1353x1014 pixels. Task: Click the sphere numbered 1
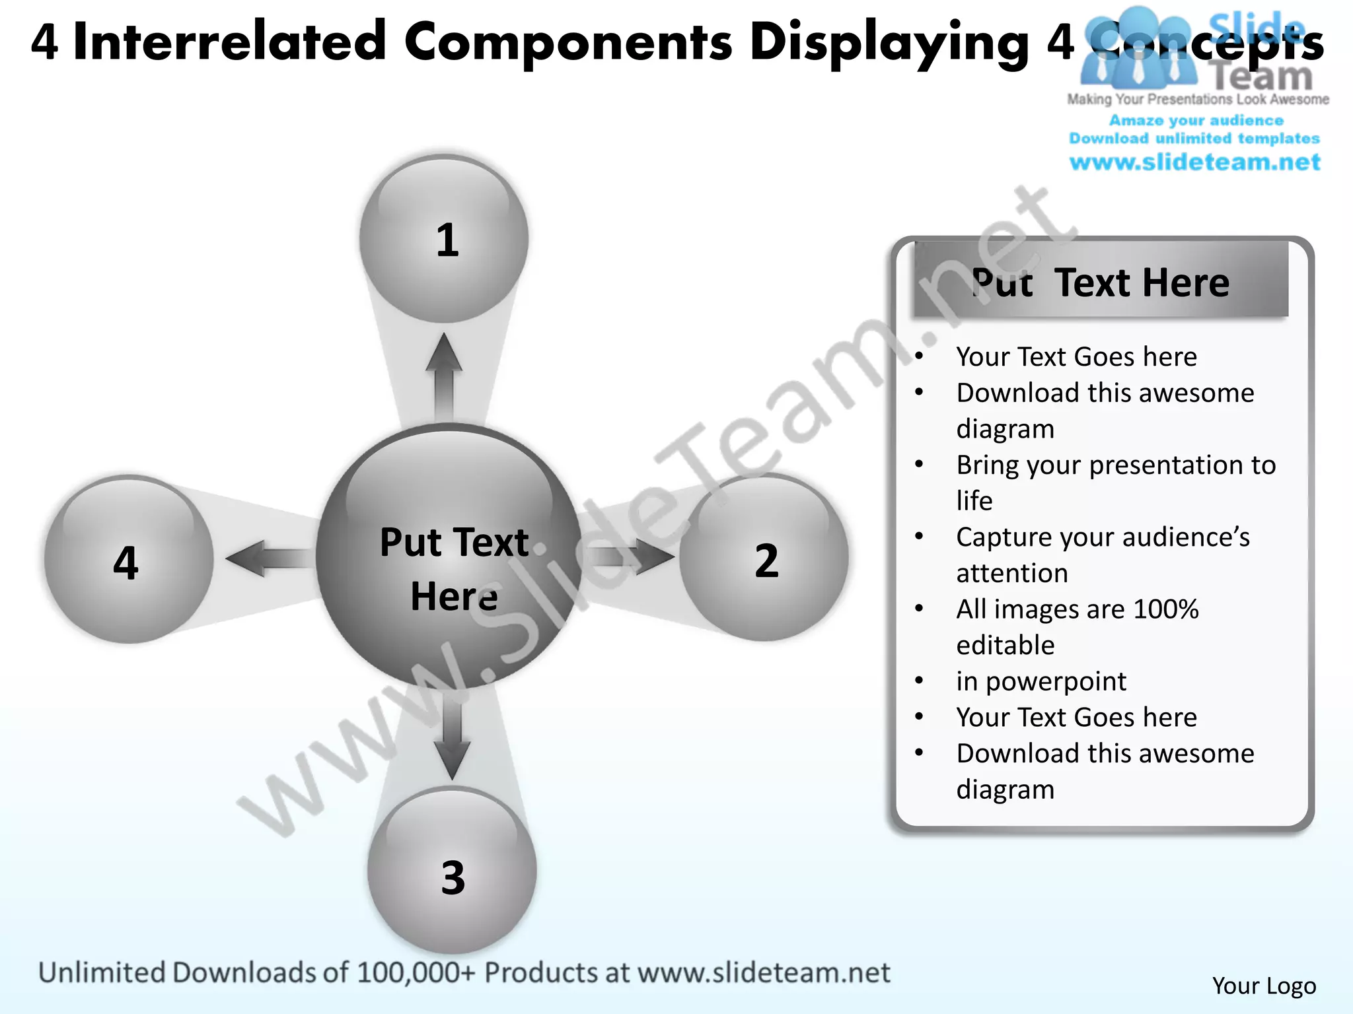click(444, 239)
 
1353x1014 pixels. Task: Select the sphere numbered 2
click(764, 558)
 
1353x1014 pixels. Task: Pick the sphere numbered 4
click(128, 560)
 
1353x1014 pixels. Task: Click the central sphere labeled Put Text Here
click(449, 558)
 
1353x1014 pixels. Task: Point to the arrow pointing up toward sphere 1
click(444, 376)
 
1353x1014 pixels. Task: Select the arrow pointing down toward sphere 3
click(453, 736)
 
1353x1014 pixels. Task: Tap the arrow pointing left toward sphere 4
click(268, 558)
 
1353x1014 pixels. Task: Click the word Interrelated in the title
click(229, 42)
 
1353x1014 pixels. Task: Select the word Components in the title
click(568, 42)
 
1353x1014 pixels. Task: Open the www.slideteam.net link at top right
click(1194, 162)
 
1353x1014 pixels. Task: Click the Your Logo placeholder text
click(1264, 986)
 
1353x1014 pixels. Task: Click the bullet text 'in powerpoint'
click(1041, 681)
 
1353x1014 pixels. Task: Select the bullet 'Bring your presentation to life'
click(1115, 482)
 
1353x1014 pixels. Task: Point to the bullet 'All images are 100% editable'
click(1077, 626)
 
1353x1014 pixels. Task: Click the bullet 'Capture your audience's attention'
click(1103, 555)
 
